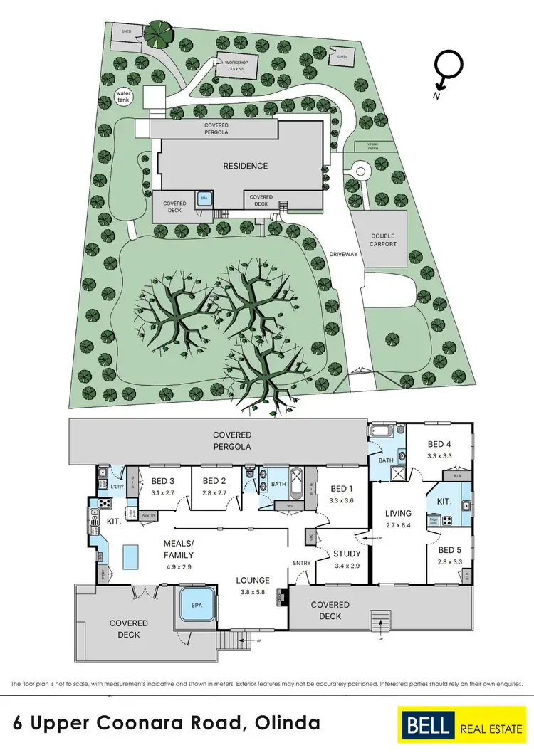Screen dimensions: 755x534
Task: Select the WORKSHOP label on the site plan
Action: pos(235,63)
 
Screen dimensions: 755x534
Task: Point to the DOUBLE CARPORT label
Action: pos(382,240)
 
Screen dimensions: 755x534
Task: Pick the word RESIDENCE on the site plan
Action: pos(246,166)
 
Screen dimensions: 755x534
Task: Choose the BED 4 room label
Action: pos(439,440)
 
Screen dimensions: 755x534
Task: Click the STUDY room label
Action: pos(347,554)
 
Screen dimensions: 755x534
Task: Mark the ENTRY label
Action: pos(302,564)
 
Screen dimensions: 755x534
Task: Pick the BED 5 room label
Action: pos(450,550)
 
